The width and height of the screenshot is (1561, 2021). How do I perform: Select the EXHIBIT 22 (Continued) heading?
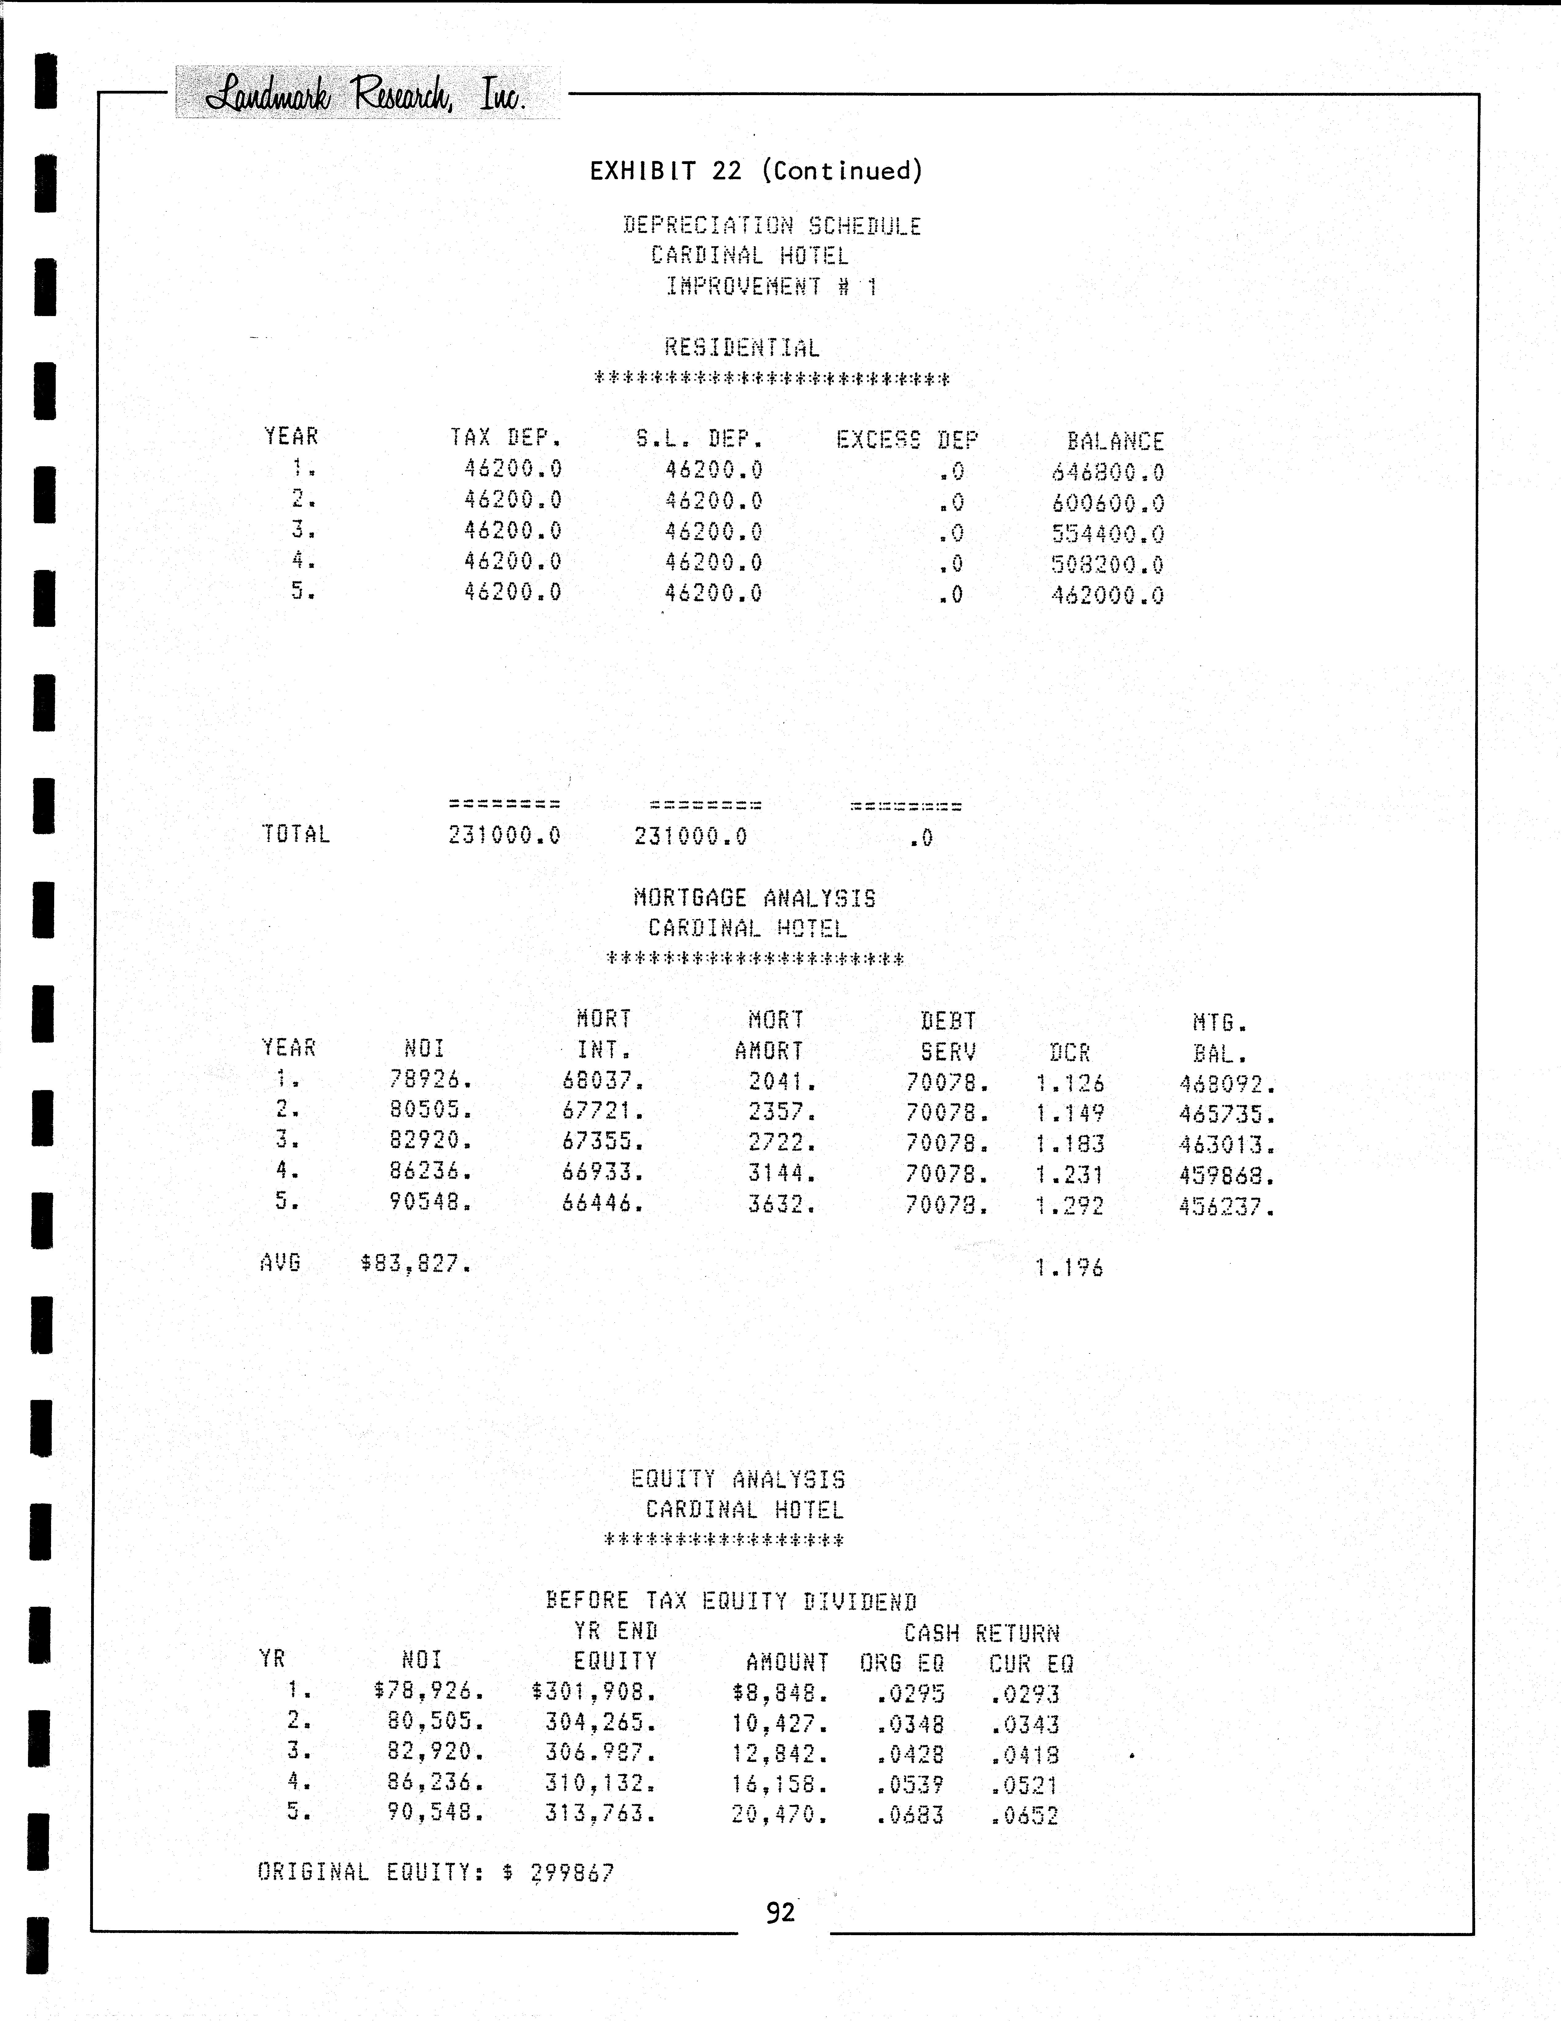tap(756, 171)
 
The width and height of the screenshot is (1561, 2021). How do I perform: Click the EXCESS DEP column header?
tap(907, 439)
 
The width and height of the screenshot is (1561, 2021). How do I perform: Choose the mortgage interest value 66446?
tap(602, 1204)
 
